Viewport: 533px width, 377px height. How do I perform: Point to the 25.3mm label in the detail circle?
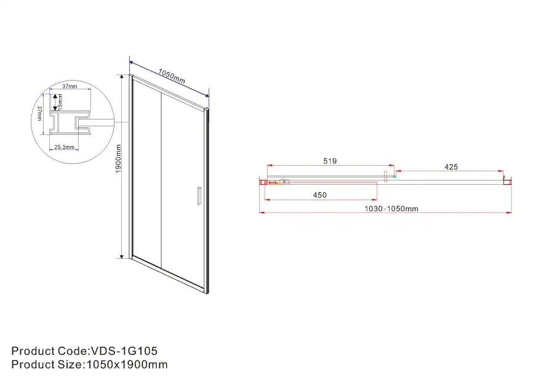(x=65, y=147)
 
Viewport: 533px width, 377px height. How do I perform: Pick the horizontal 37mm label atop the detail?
(x=69, y=86)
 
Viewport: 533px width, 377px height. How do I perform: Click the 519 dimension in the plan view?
(x=330, y=161)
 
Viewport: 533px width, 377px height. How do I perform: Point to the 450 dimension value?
(x=319, y=195)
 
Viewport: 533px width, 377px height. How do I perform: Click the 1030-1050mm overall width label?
(x=391, y=209)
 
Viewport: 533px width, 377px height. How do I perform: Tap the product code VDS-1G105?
(x=124, y=351)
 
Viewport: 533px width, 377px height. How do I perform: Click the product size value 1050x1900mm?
(x=126, y=365)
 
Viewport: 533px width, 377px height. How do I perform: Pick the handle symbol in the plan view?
(x=386, y=176)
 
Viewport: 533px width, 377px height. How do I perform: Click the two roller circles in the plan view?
(x=283, y=182)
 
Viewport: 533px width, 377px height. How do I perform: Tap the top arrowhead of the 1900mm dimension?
(x=130, y=77)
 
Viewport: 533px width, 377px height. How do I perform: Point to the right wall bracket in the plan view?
(x=507, y=180)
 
